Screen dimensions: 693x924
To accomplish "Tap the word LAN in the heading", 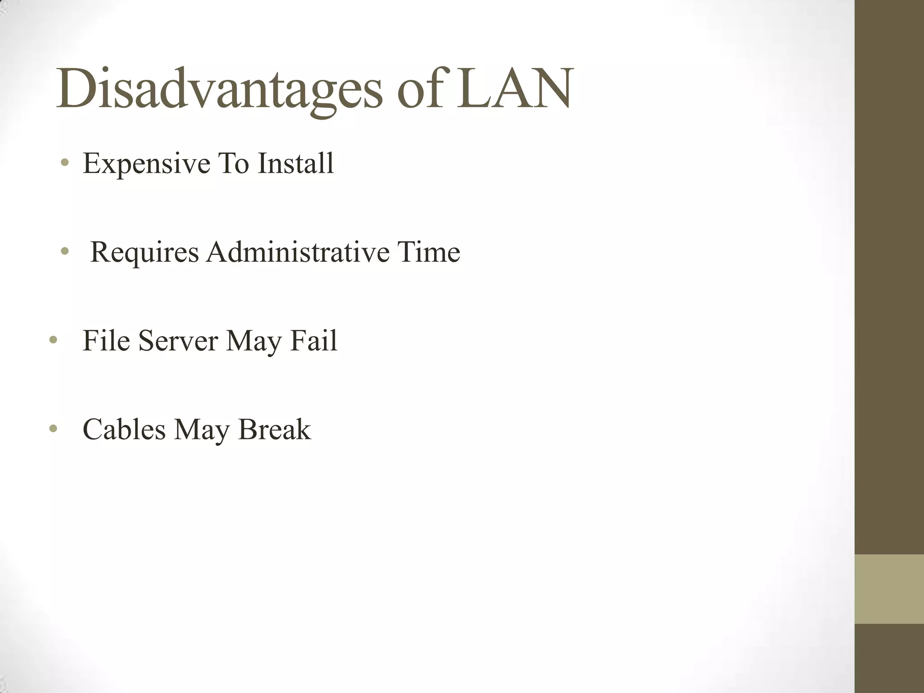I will [514, 88].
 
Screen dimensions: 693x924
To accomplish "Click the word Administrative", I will [298, 252].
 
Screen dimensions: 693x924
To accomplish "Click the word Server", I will [178, 340].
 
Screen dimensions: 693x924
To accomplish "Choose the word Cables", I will [124, 429].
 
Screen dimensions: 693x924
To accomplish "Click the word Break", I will [274, 429].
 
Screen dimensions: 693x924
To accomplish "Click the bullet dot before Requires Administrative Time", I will [65, 251].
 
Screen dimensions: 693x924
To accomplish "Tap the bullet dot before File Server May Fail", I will [53, 340].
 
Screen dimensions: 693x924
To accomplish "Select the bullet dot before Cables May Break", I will [53, 429].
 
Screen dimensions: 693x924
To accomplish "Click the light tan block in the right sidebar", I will [889, 589].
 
